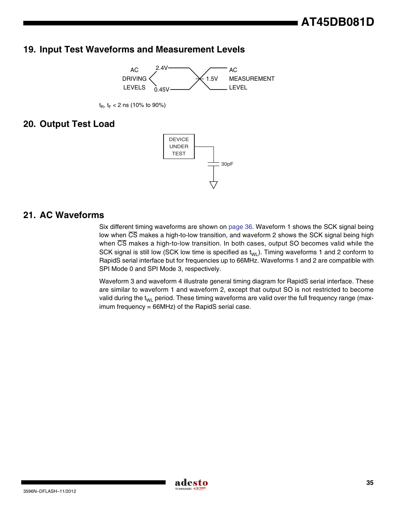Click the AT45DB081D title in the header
[337, 22]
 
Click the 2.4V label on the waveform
[161, 68]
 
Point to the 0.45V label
[161, 89]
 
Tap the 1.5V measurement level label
[212, 79]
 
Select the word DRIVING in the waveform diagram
[134, 79]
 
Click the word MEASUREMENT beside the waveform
[251, 79]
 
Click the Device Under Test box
[179, 147]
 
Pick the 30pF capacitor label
[227, 164]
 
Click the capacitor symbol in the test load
[213, 164]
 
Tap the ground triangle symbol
[213, 185]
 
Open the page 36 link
[240, 227]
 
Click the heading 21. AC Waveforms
[64, 215]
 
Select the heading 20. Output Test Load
[69, 124]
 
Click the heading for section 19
[134, 50]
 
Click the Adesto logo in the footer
[191, 484]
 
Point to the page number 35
[370, 483]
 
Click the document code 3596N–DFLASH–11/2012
[50, 491]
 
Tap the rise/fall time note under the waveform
[132, 105]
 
